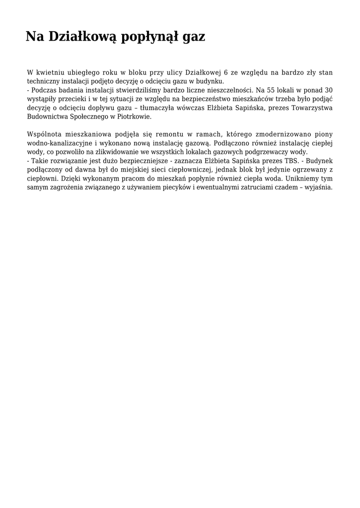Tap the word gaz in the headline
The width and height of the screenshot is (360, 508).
pos(194,37)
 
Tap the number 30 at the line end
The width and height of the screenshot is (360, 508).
pos(328,90)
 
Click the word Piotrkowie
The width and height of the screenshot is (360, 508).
pos(135,117)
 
